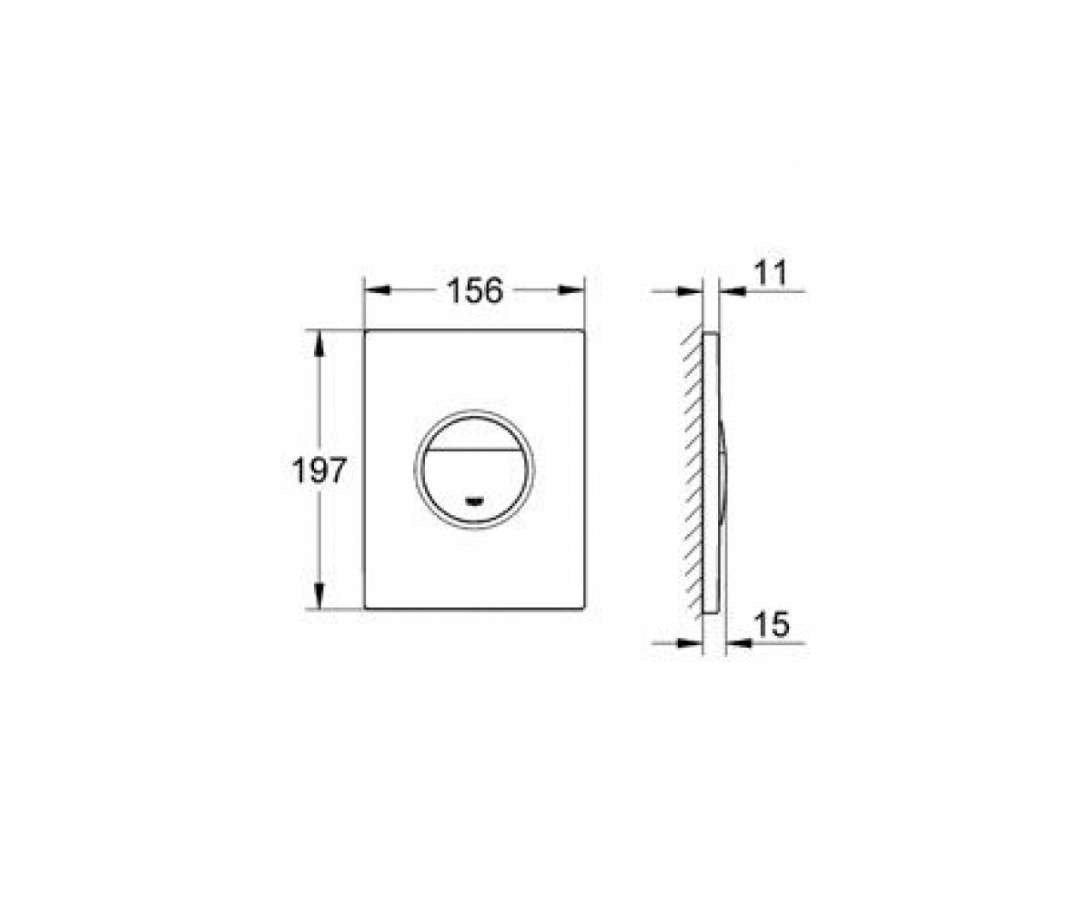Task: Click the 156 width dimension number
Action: (475, 290)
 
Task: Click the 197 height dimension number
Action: (319, 470)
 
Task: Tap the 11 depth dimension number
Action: (771, 272)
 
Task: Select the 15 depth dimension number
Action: (772, 624)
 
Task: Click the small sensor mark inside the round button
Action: (474, 500)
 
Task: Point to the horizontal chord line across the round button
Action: (474, 450)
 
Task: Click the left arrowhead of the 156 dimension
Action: (378, 290)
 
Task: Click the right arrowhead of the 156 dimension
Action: (571, 290)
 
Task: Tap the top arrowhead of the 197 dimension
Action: (319, 344)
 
